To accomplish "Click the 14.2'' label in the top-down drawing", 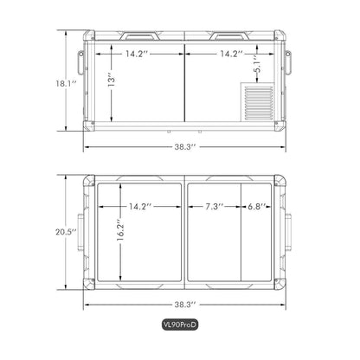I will (138, 207).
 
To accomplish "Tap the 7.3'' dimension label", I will (215, 207).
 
